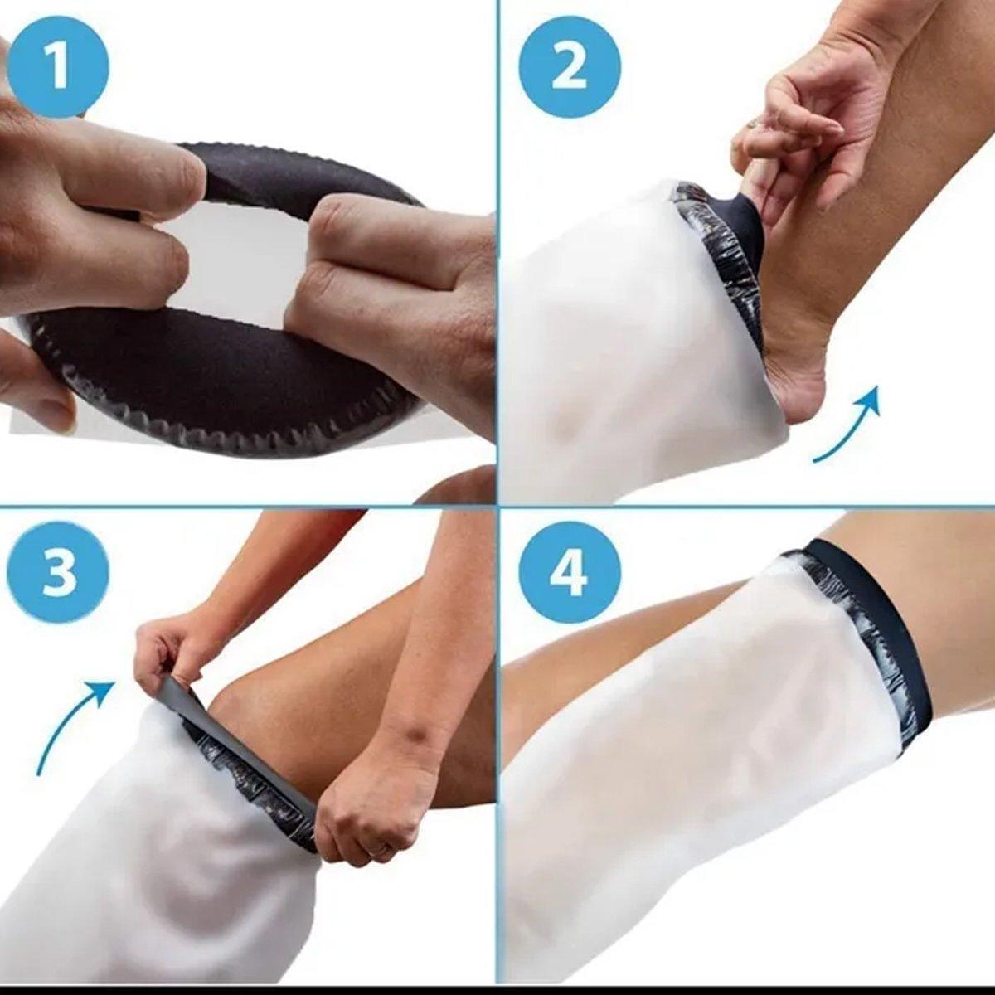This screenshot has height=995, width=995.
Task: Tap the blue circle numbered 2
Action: (570, 67)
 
